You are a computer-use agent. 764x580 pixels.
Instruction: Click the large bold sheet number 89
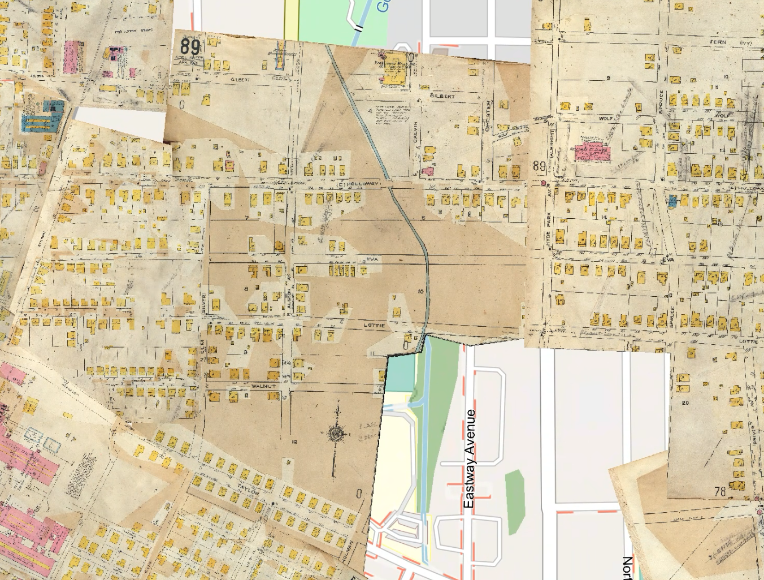(x=190, y=46)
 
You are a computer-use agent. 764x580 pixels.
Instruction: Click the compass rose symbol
(x=337, y=433)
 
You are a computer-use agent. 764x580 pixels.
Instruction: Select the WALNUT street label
(x=263, y=386)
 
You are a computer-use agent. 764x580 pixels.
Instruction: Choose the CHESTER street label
(x=488, y=116)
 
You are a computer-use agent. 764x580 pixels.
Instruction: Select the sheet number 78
(x=719, y=491)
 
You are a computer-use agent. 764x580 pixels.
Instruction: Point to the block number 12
(x=294, y=442)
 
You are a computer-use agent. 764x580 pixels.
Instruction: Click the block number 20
(x=685, y=402)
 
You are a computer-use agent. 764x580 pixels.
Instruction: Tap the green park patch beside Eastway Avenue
(x=514, y=502)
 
